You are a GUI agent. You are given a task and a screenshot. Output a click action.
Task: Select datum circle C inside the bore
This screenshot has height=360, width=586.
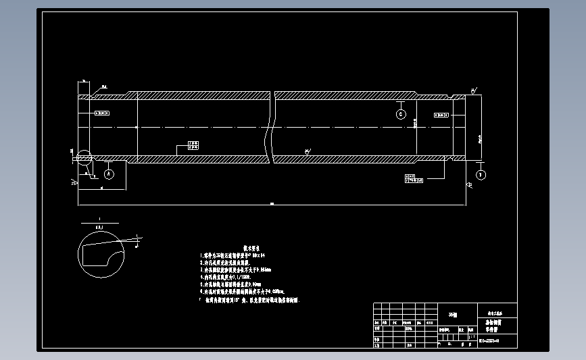[401, 115]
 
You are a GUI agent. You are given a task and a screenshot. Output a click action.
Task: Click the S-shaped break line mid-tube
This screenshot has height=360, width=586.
[272, 128]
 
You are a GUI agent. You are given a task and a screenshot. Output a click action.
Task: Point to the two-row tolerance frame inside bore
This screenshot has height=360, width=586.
[193, 145]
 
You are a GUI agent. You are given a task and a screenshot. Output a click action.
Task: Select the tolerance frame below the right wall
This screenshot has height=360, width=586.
[414, 178]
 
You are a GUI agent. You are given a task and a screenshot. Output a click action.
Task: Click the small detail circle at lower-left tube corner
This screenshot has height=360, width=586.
[84, 158]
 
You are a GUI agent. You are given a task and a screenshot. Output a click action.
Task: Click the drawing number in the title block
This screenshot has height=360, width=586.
[489, 343]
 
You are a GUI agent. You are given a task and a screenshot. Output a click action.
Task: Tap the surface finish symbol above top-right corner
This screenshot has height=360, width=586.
[473, 90]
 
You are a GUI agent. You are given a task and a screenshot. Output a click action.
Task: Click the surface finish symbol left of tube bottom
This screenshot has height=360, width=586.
[73, 182]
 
